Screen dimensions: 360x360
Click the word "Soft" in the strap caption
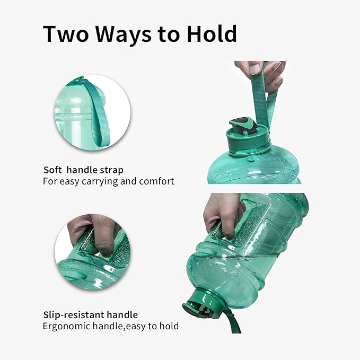pos(53,170)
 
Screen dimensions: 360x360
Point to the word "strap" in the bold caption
pos(110,170)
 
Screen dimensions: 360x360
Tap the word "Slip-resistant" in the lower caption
pos(73,315)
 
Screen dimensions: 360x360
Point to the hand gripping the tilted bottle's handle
pos(222,214)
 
